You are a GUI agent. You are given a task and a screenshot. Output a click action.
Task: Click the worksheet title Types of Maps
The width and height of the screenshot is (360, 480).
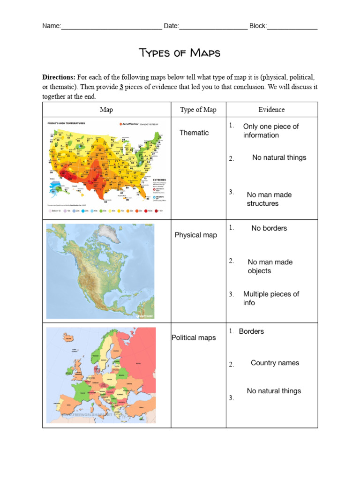pos(180,52)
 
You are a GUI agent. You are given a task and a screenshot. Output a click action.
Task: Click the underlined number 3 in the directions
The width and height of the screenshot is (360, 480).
pos(121,87)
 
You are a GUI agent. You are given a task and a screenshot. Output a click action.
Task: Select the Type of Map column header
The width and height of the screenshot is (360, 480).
pos(198,110)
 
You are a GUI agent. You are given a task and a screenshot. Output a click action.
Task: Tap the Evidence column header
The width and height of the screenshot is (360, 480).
pos(271,110)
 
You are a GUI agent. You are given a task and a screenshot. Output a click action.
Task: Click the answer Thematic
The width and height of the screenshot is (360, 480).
pos(194,133)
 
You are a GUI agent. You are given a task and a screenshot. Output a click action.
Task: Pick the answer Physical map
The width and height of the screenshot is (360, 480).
pos(195,235)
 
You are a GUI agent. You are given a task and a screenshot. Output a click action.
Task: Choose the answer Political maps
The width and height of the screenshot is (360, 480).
pos(194,337)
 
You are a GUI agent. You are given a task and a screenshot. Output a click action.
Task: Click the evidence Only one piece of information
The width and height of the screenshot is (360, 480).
pos(270,131)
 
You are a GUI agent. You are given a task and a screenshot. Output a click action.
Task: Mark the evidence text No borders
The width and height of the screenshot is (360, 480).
pos(269,228)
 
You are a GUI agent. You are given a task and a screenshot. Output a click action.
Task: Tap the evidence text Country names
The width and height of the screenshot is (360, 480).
pos(275,363)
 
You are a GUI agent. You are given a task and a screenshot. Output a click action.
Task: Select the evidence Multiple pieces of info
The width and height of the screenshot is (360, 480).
pos(271,298)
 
